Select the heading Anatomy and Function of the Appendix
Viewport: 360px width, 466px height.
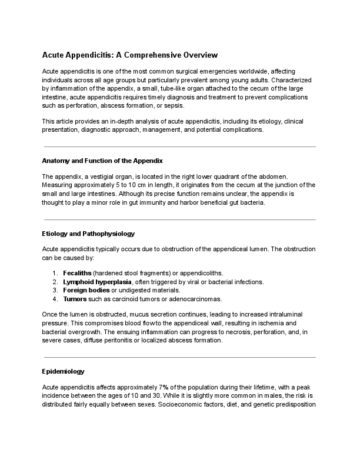tap(102, 161)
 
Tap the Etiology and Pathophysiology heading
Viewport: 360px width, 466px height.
tap(89, 234)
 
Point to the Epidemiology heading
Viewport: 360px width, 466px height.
tap(64, 371)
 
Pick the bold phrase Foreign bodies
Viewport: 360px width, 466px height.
tap(86, 290)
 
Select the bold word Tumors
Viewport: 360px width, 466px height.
tap(75, 298)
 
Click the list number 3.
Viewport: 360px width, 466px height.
tap(54, 290)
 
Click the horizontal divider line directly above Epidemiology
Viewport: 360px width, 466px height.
tap(180, 357)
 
